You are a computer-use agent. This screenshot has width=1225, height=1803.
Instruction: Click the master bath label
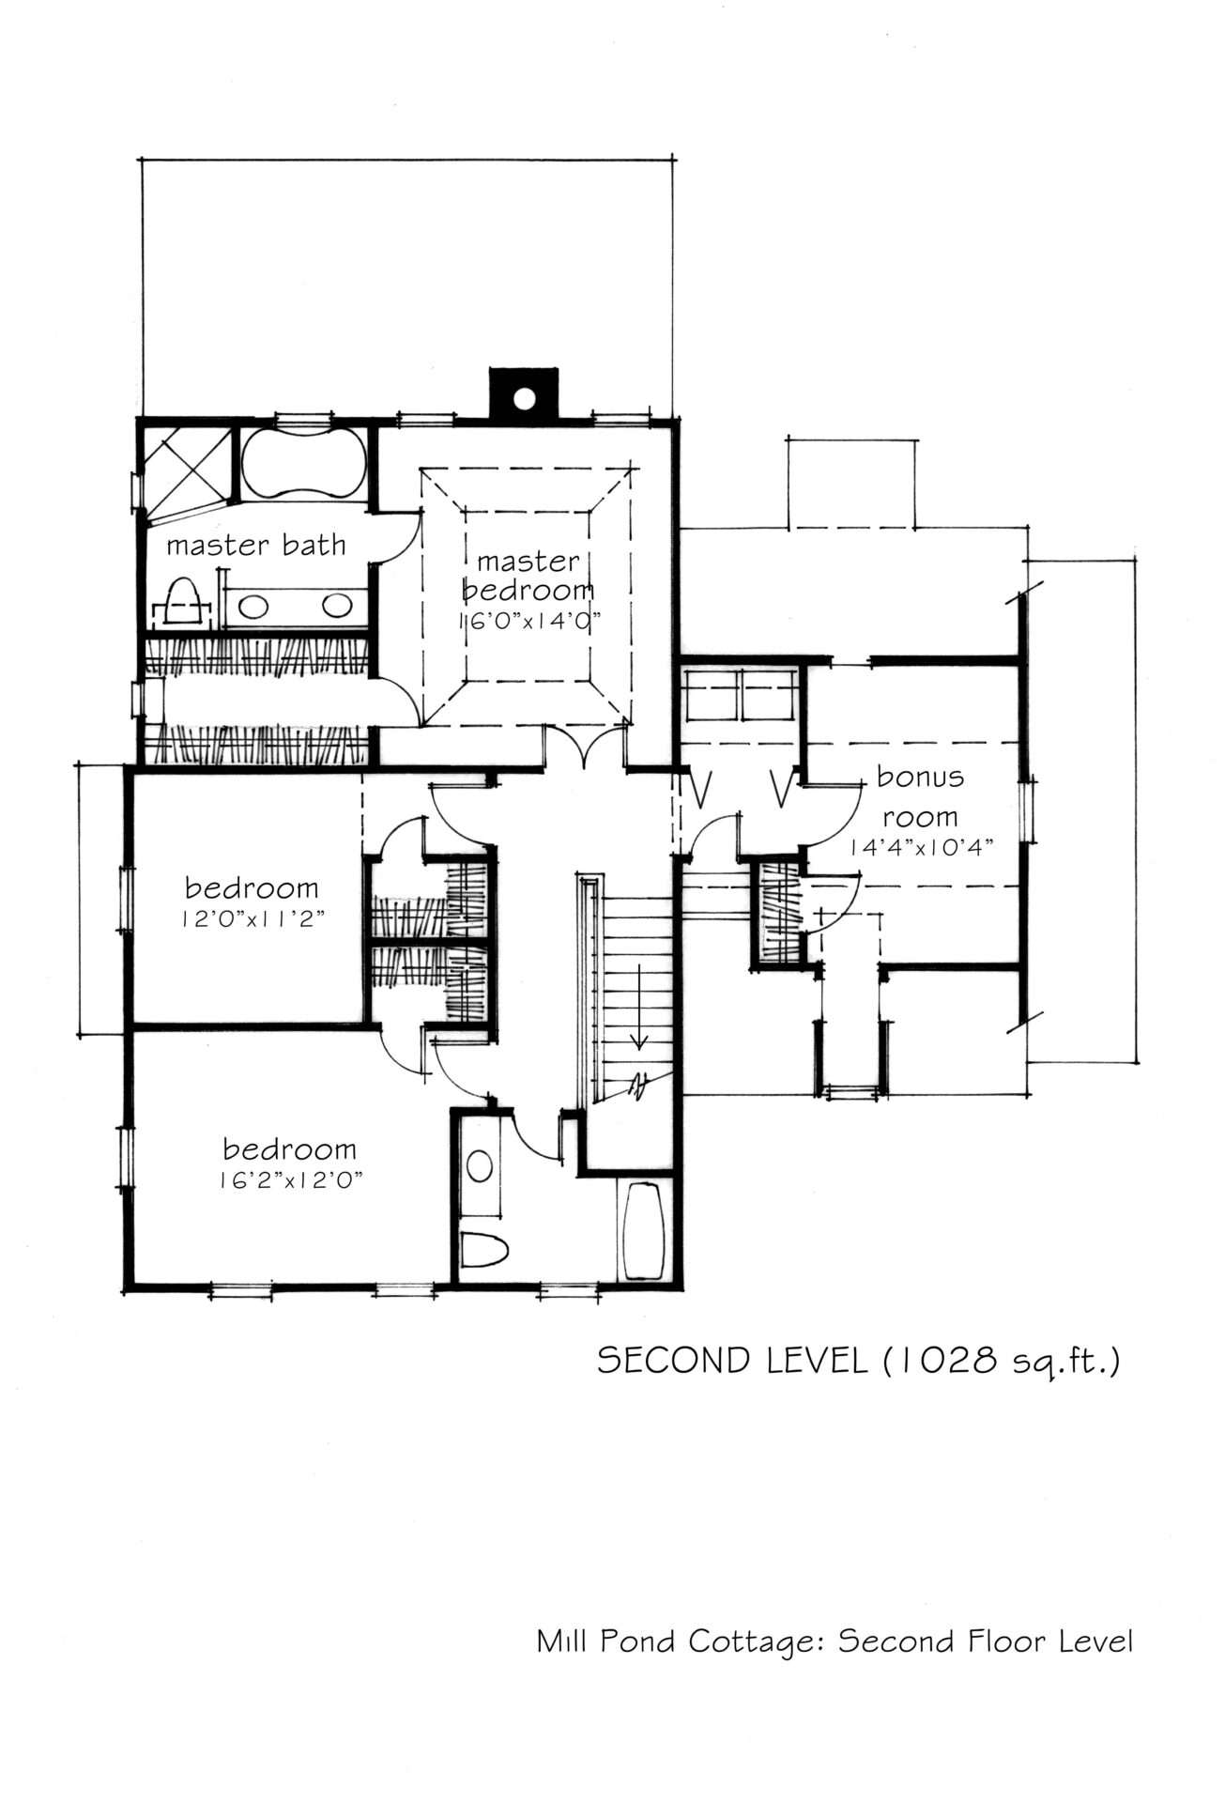(256, 545)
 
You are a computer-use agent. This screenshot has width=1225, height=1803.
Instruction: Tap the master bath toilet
(183, 602)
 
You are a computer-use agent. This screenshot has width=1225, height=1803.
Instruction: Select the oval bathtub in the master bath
(302, 462)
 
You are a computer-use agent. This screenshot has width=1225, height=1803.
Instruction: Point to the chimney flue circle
(524, 398)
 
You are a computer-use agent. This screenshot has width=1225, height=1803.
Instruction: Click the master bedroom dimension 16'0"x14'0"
(528, 621)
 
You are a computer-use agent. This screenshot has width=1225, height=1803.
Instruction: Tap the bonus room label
(920, 796)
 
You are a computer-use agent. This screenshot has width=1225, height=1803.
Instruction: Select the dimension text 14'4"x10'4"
(921, 846)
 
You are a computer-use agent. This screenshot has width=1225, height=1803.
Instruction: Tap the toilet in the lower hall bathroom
(485, 1248)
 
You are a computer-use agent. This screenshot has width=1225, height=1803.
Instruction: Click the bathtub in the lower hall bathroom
(645, 1230)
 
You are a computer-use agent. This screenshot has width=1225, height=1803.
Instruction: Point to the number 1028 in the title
(955, 1361)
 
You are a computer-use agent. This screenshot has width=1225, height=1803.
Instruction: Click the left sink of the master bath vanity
(252, 606)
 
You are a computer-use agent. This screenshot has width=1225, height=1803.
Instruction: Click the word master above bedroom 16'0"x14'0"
(528, 562)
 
